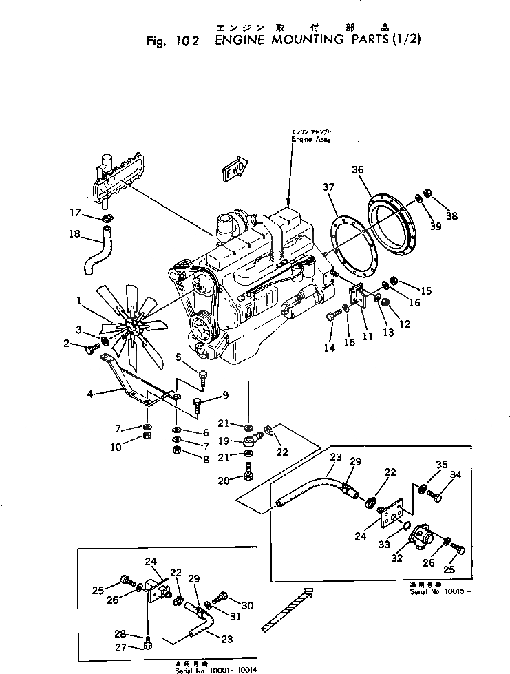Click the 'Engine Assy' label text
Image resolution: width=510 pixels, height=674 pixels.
coord(310,140)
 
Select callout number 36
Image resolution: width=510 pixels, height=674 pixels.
coord(357,170)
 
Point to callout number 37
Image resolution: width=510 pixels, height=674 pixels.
coord(328,187)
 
